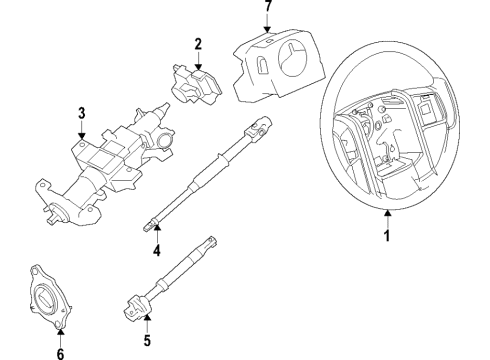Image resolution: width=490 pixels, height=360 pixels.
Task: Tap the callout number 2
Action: click(198, 43)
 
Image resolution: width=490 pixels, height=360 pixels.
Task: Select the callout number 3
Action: click(81, 112)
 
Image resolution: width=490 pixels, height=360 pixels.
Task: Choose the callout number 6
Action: click(59, 352)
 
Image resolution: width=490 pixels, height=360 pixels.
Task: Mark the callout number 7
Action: click(267, 7)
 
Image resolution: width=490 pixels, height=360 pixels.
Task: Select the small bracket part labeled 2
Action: click(195, 82)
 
